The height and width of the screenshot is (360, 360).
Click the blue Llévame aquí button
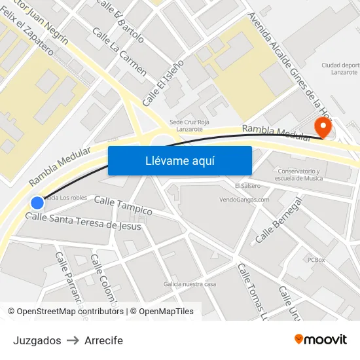pos(179,160)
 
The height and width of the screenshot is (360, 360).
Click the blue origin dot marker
pos(37,203)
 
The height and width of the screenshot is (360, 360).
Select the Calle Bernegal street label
pos(278,219)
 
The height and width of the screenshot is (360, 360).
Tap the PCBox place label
pos(315,260)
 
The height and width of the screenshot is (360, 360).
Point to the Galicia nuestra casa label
pos(190,284)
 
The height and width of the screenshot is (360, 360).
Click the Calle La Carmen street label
pos(119,52)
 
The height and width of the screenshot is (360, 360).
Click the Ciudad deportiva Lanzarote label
pos(340,69)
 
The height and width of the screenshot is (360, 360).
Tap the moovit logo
pos(320,339)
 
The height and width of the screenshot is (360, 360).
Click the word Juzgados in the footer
pos(37,340)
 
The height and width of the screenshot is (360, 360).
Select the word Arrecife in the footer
pos(103,340)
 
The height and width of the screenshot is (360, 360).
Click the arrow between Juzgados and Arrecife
pos(73,340)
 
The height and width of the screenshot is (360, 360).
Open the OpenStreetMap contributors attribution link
pos(70,312)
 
